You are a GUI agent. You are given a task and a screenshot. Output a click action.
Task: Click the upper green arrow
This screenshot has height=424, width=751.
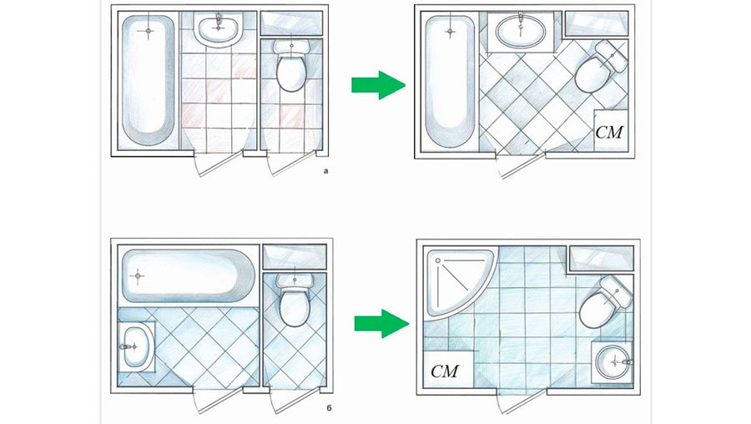coord(377,84)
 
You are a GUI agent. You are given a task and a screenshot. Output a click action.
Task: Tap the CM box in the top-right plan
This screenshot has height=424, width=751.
coord(609,132)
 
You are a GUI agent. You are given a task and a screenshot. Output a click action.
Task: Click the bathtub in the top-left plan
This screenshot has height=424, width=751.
coord(149,79)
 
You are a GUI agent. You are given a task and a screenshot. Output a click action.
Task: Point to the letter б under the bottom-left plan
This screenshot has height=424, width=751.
coord(330,409)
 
